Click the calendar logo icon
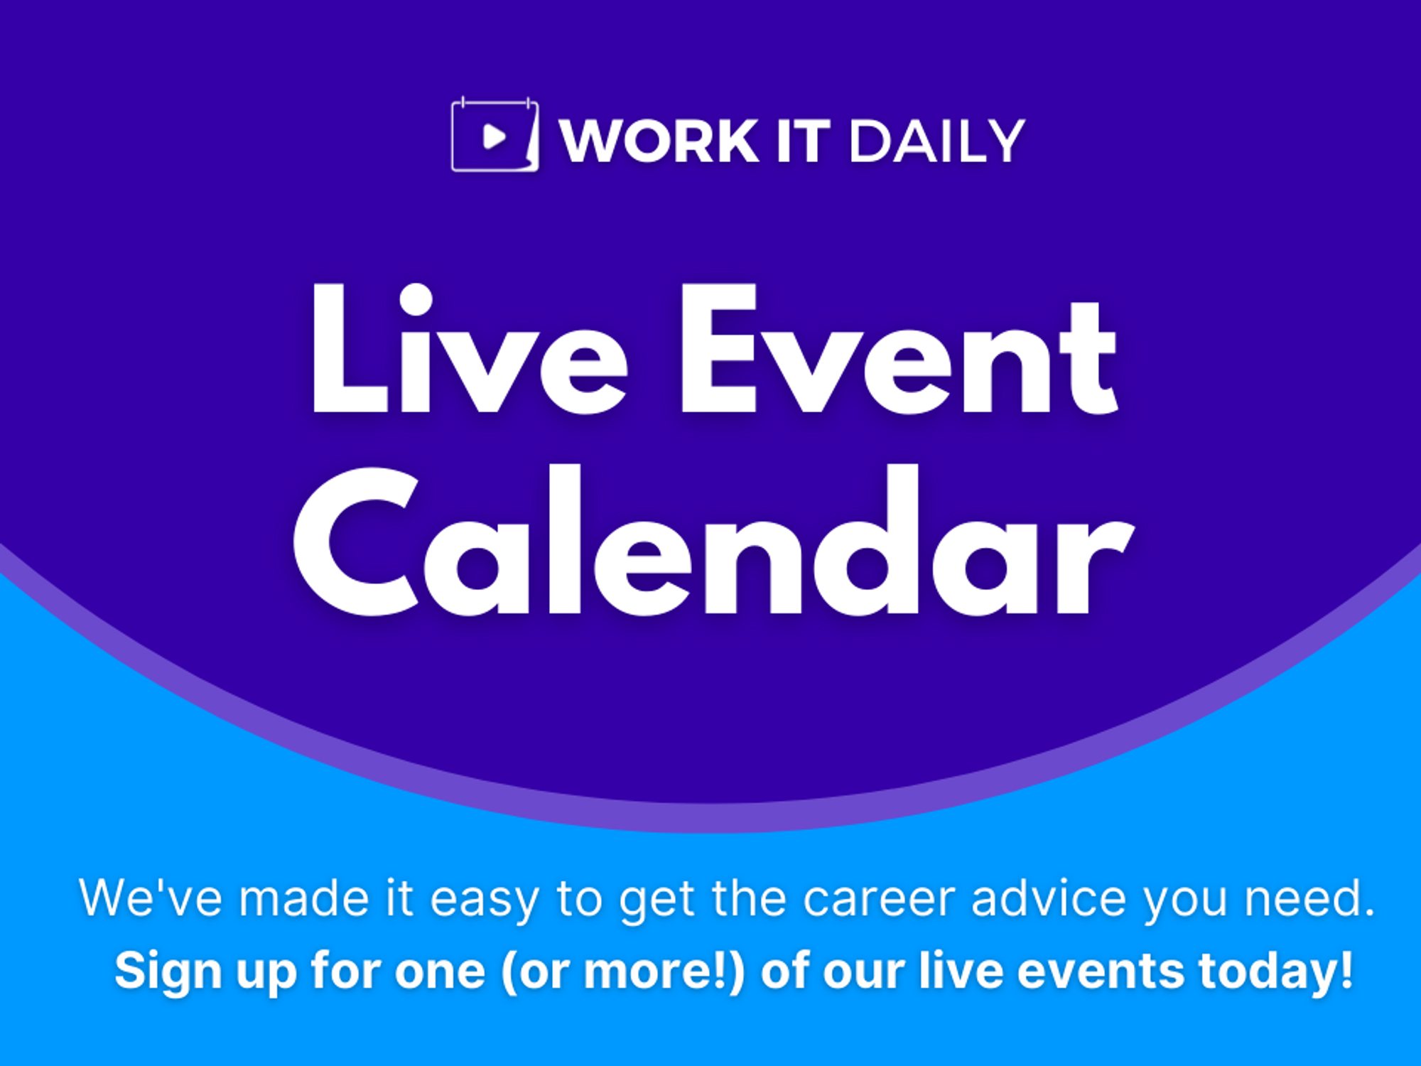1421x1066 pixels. (495, 135)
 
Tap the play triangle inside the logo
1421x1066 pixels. (494, 136)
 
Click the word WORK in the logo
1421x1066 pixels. (659, 141)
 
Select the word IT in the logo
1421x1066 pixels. (803, 141)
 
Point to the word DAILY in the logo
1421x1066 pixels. (936, 141)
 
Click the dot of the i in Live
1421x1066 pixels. (416, 299)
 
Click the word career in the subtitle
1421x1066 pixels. (880, 900)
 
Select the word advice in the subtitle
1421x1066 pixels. (1049, 898)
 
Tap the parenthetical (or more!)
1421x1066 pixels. (623, 971)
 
